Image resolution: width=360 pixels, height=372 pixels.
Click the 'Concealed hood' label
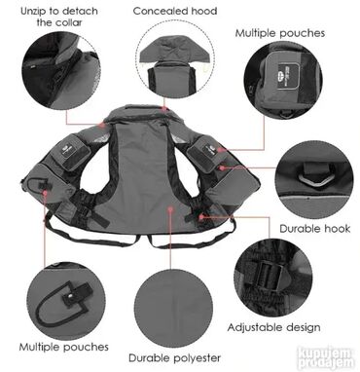(x=175, y=11)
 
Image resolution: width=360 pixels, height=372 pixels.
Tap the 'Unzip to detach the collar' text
(x=59, y=17)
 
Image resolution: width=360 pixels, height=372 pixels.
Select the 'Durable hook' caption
(x=315, y=229)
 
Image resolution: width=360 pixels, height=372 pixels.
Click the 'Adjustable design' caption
(x=273, y=327)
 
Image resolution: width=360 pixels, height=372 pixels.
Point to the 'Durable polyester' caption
(x=175, y=358)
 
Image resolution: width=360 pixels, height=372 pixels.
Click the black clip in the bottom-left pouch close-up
(x=79, y=293)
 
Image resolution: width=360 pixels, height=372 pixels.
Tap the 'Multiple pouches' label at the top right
(x=280, y=33)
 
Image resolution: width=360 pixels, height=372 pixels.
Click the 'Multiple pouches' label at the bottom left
(x=63, y=347)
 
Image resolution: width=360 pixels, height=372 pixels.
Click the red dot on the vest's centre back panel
(x=170, y=209)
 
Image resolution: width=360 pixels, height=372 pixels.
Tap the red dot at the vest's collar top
(x=165, y=109)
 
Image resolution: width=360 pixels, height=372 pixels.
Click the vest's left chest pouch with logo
(x=68, y=151)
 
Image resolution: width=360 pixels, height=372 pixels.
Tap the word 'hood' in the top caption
(x=204, y=11)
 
